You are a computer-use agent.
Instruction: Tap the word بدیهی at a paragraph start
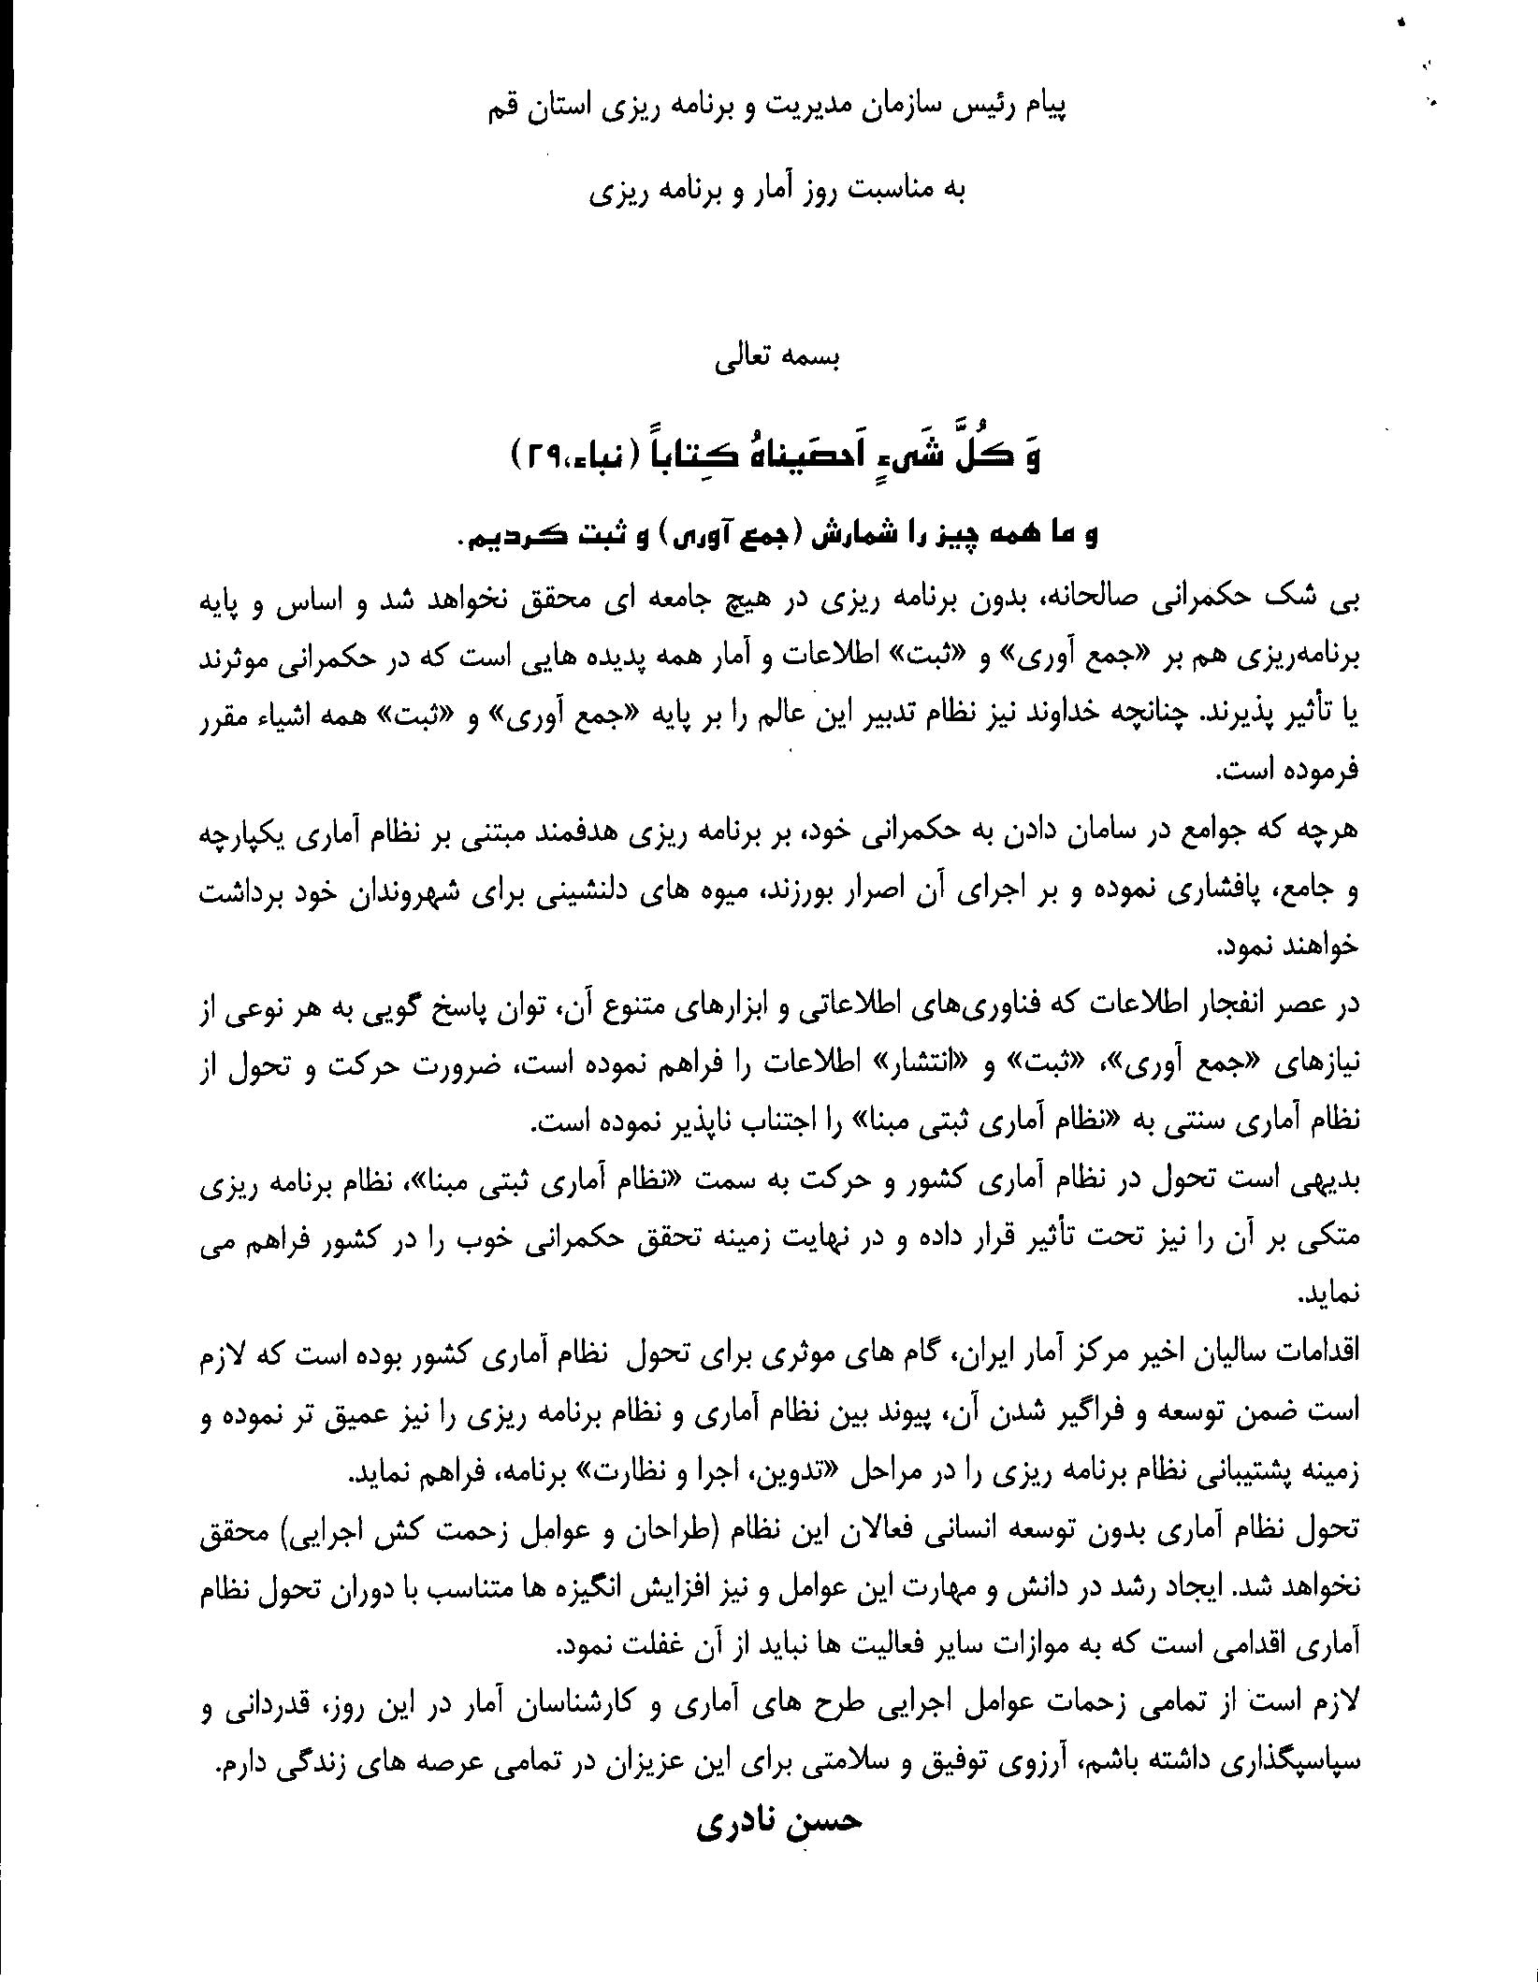[x=1321, y=1181]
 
